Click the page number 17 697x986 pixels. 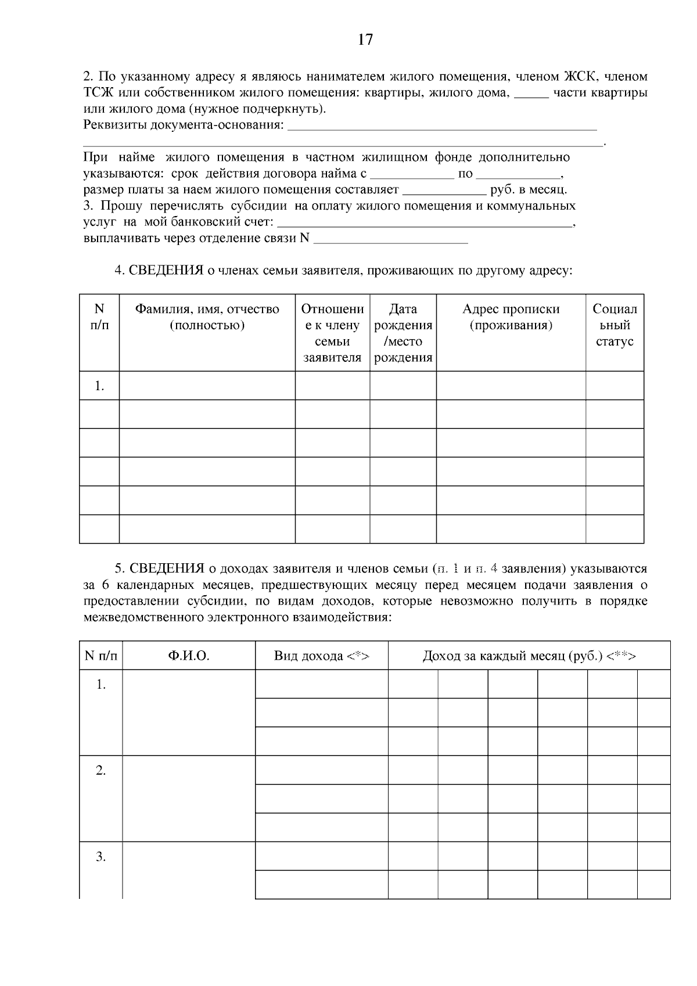pyautogui.click(x=365, y=39)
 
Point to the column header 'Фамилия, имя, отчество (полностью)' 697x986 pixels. pyautogui.click(x=207, y=317)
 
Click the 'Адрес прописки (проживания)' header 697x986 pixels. pyautogui.click(x=511, y=317)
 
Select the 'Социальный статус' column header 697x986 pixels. pyautogui.click(x=615, y=325)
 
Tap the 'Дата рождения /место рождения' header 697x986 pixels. pyautogui.click(x=403, y=333)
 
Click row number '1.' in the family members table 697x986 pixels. pyautogui.click(x=99, y=386)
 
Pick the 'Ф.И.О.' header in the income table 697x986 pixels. pyautogui.click(x=189, y=656)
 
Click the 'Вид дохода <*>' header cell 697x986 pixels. pyautogui.click(x=322, y=656)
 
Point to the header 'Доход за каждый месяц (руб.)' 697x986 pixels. pyautogui.click(x=529, y=656)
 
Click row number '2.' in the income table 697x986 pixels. pyautogui.click(x=101, y=771)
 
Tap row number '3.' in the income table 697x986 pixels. pyautogui.click(x=101, y=857)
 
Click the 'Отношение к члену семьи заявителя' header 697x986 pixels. pyautogui.click(x=332, y=333)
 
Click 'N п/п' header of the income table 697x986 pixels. pyautogui.click(x=101, y=656)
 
